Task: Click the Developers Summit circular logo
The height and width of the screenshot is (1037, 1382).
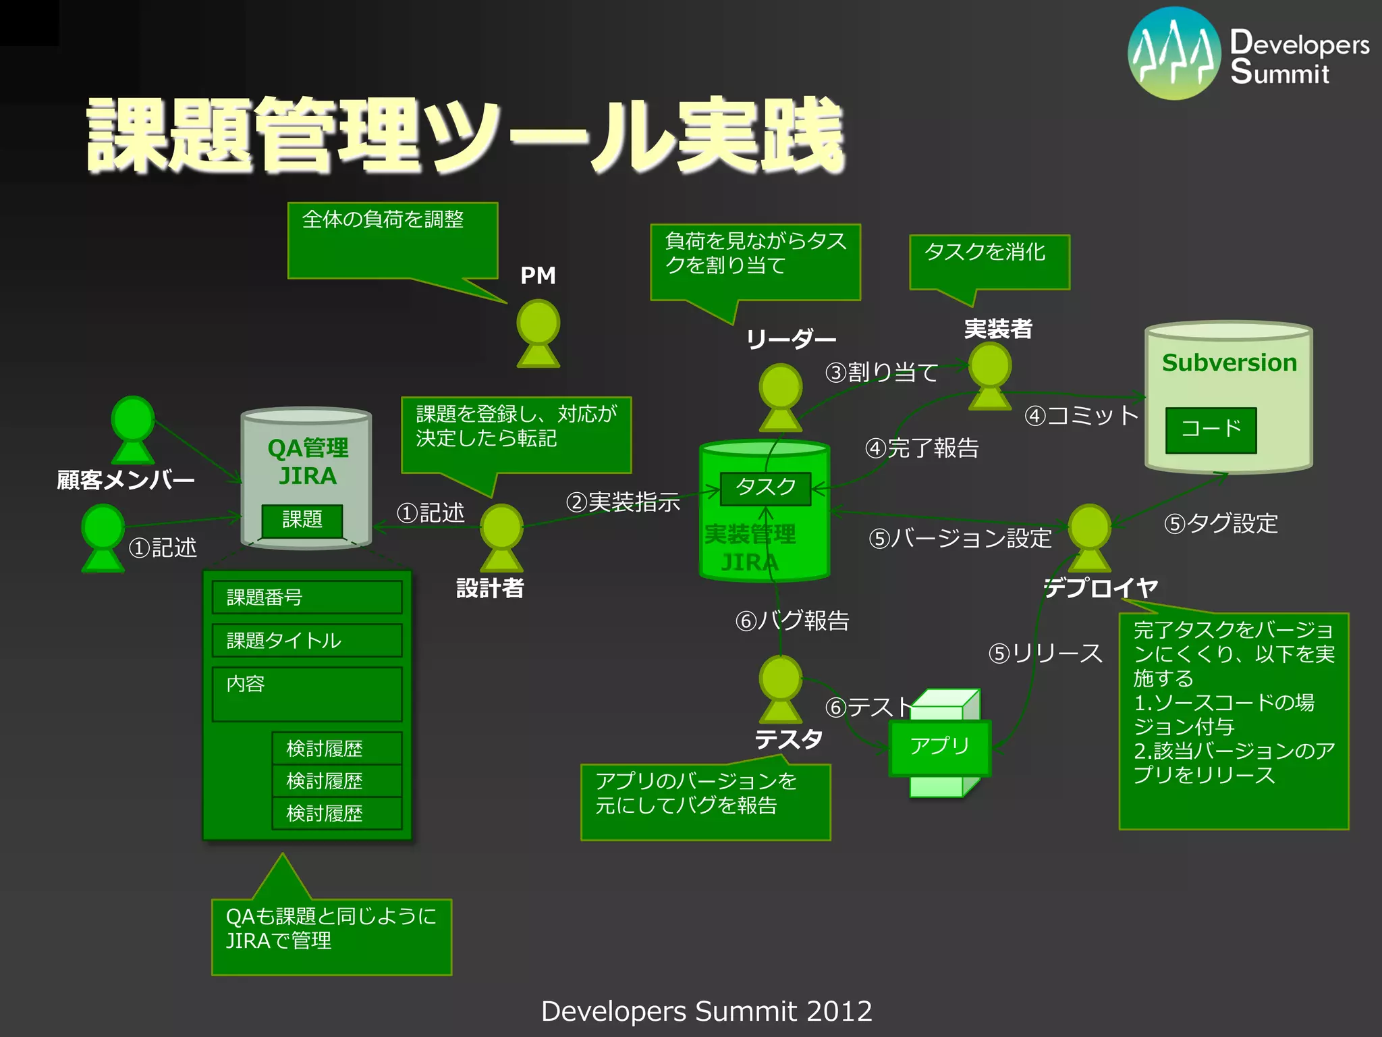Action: [x=1174, y=54]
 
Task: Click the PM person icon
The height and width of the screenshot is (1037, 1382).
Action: [x=538, y=334]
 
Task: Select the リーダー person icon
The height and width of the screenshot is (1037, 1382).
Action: [x=780, y=398]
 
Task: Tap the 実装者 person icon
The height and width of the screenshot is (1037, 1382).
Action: [x=989, y=376]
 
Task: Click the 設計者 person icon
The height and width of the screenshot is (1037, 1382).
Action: [x=501, y=538]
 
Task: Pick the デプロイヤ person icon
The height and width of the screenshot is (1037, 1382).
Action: [x=1089, y=537]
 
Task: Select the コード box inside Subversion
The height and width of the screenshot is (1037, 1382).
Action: [x=1211, y=429]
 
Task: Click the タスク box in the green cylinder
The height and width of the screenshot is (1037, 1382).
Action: [x=765, y=488]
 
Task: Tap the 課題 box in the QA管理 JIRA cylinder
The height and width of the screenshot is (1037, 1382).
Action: [x=302, y=521]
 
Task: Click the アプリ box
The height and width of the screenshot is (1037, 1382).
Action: [x=939, y=747]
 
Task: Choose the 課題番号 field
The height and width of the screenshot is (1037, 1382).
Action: [x=307, y=597]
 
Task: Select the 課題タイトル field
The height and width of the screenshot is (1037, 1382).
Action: [x=307, y=640]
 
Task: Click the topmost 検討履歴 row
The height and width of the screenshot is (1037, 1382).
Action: [x=337, y=748]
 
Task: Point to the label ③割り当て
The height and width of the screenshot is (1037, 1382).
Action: [x=881, y=372]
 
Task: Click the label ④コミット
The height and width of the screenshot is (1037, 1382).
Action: [x=1082, y=415]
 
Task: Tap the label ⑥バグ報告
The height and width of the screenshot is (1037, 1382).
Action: [x=792, y=620]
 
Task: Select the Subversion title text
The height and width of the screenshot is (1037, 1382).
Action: [x=1229, y=363]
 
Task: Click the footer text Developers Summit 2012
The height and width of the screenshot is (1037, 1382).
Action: [x=707, y=1011]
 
